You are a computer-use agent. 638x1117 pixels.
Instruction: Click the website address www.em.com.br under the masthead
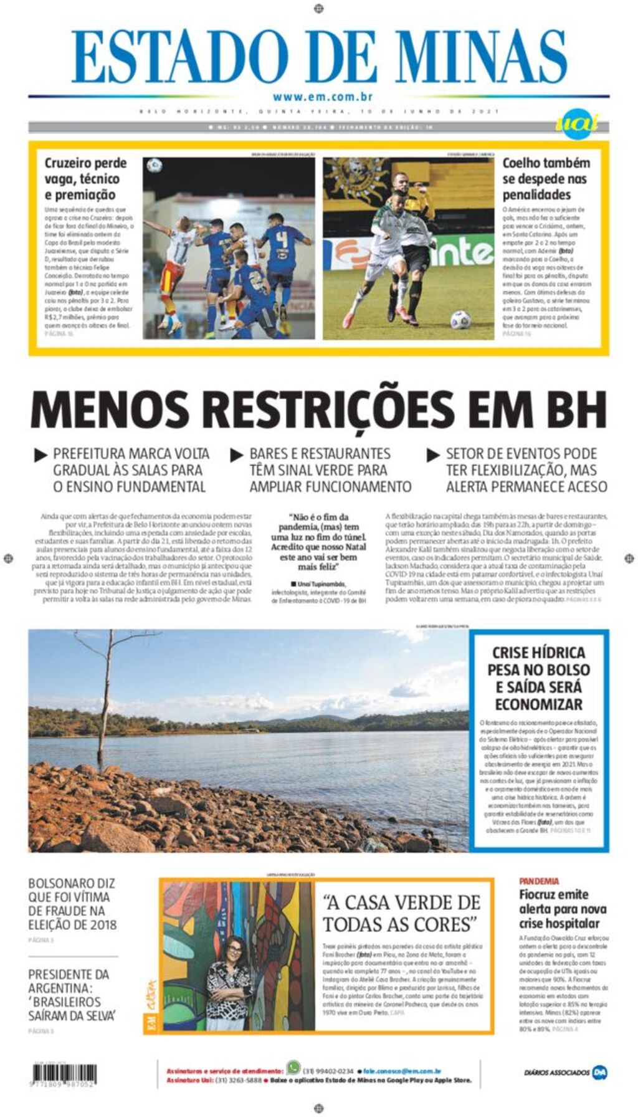(322, 97)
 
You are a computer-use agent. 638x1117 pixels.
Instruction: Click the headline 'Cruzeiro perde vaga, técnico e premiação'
(85, 178)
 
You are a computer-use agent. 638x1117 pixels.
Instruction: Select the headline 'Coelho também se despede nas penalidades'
(546, 178)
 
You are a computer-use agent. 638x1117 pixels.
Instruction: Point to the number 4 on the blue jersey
(282, 240)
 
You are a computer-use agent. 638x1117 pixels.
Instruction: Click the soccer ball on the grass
(460, 320)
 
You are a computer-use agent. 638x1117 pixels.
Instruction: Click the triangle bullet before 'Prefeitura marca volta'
(40, 455)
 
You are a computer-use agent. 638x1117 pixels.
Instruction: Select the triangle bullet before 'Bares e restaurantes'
(237, 455)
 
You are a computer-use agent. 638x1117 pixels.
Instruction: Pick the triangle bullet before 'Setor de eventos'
(433, 455)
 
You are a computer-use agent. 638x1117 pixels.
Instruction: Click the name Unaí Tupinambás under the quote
(323, 584)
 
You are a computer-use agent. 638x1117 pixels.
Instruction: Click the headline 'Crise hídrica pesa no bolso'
(538, 678)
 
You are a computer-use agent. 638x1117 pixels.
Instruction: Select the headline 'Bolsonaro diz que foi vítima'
(72, 903)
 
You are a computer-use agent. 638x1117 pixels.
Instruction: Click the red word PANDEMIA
(539, 881)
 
